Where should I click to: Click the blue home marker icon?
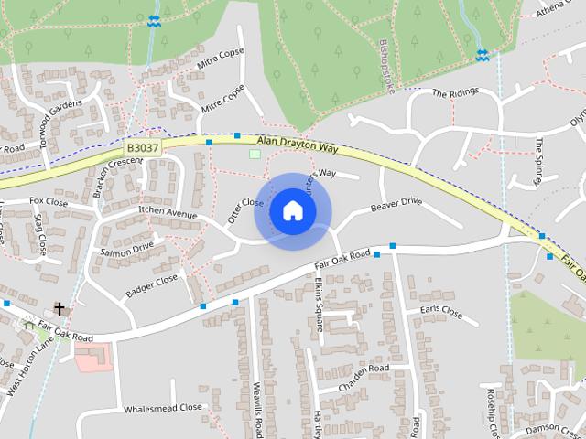[x=293, y=211]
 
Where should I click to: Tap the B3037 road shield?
[x=142, y=146]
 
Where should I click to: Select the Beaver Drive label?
[x=396, y=206]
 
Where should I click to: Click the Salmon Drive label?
[x=127, y=249]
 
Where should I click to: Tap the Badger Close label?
[x=151, y=285]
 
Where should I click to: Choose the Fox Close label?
[x=49, y=200]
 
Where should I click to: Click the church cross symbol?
[x=60, y=309]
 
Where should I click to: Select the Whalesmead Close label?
[x=163, y=408]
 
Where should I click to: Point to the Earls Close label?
[x=441, y=311]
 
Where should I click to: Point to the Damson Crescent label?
[x=555, y=428]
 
